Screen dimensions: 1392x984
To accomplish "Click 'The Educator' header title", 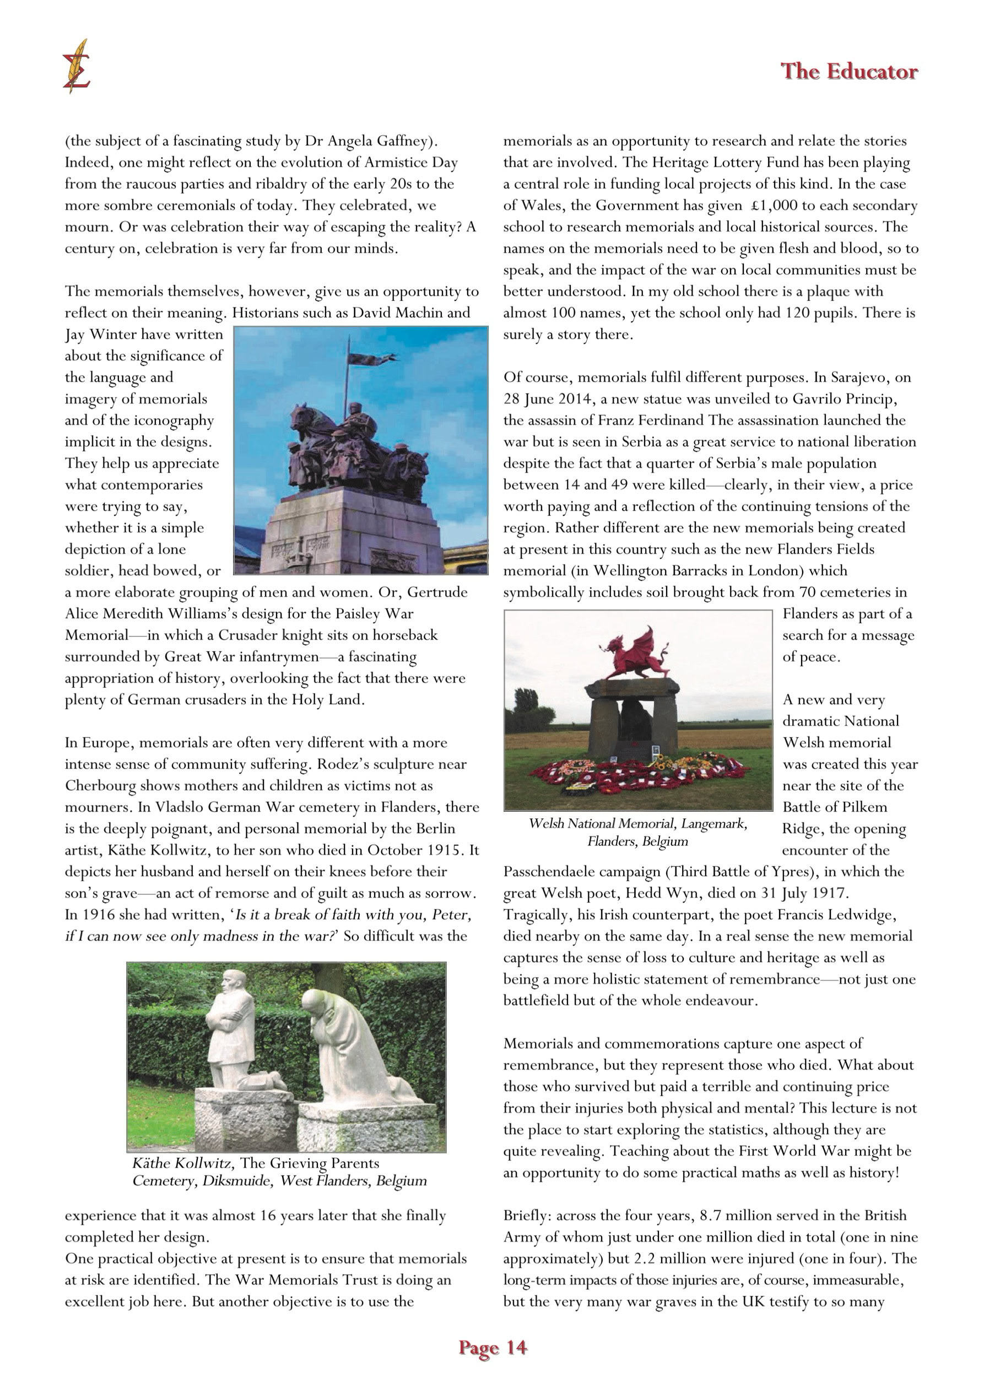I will (849, 72).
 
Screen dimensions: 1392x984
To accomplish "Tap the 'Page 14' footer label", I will (493, 1347).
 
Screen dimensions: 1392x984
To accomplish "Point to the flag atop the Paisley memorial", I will (371, 358).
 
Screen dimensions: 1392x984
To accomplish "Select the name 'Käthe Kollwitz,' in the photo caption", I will (182, 1163).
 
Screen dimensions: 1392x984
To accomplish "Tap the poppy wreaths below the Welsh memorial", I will (636, 776).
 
